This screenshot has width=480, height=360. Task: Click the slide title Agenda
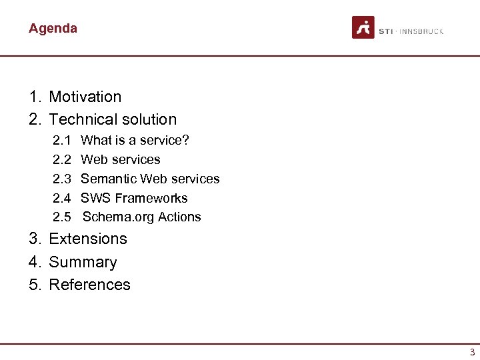53,28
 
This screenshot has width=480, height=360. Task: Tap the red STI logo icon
363,27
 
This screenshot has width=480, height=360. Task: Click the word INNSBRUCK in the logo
421,31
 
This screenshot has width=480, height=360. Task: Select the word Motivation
85,97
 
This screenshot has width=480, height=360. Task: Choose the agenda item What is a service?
135,140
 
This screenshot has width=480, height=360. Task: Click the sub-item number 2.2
62,159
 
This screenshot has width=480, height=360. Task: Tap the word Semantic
108,179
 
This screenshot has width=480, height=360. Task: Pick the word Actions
179,217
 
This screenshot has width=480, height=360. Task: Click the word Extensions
88,239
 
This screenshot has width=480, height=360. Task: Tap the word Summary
83,262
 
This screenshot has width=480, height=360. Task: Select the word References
90,285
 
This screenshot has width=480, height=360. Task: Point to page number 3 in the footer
472,352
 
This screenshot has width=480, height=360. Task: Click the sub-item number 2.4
62,198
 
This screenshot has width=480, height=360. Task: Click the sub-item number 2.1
62,140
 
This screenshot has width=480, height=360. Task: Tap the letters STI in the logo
385,31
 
